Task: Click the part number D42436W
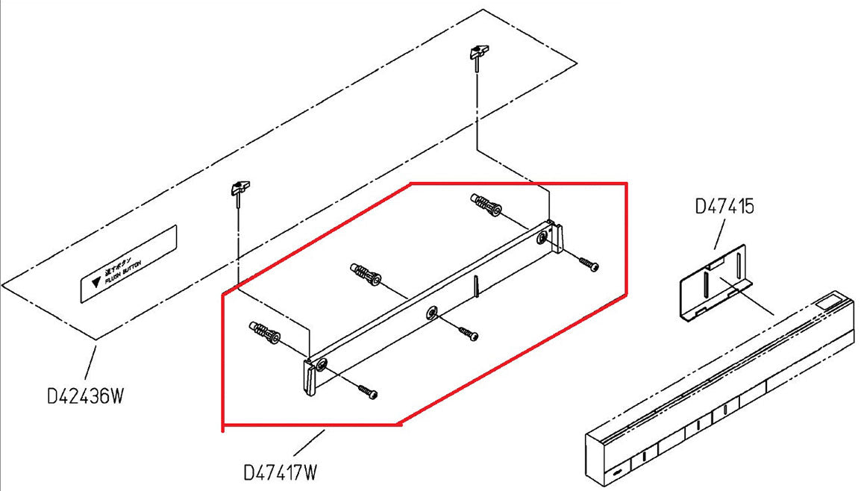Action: tap(84, 395)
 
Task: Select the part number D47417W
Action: tap(281, 472)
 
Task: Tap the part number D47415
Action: tap(724, 206)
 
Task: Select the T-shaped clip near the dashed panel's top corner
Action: tap(478, 53)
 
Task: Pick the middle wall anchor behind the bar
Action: tap(365, 273)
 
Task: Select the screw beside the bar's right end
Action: tap(589, 263)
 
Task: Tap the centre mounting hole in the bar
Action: tap(430, 312)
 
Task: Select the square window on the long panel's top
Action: tap(827, 304)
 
